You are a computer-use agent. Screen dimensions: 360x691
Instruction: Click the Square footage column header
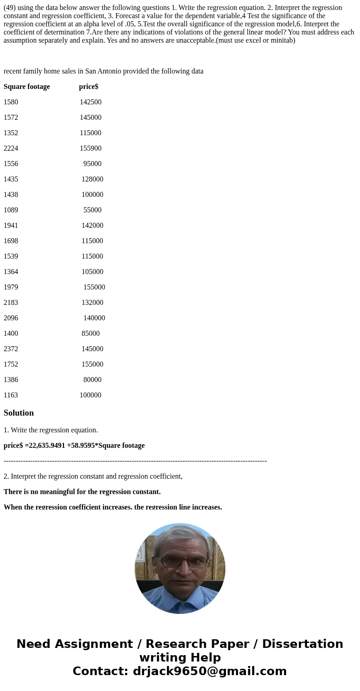[27, 87]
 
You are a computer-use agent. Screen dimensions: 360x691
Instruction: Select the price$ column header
[88, 87]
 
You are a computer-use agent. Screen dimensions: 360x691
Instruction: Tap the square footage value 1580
[11, 102]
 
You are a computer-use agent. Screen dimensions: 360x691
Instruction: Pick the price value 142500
[91, 102]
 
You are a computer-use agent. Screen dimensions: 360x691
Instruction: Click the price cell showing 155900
[91, 148]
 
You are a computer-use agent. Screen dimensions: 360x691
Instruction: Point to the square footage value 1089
[11, 210]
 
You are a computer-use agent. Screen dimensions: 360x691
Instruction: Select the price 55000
[92, 210]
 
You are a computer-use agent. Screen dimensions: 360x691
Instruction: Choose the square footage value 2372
[11, 349]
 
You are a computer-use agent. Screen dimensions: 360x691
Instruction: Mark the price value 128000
[92, 179]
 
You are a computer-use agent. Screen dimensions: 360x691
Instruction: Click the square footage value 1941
[11, 225]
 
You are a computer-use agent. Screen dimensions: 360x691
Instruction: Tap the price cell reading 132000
[92, 303]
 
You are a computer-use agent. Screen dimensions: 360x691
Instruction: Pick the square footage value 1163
[11, 395]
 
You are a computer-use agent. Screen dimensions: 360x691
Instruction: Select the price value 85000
[91, 333]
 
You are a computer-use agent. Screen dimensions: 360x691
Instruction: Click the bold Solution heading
[19, 413]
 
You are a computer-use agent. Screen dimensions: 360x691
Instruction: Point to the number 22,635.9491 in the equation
[45, 446]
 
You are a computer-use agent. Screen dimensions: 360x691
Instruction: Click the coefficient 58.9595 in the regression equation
[83, 446]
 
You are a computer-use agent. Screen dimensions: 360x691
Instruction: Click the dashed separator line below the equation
[135, 461]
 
